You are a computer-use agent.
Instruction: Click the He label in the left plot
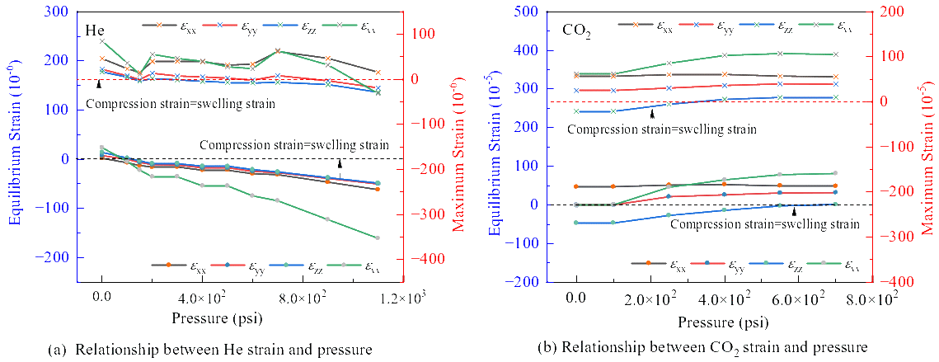click(x=93, y=30)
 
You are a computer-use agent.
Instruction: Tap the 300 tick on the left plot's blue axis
click(x=58, y=12)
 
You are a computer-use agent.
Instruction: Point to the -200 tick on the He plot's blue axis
click(x=54, y=257)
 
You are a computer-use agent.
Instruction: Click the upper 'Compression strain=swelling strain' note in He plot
click(x=181, y=105)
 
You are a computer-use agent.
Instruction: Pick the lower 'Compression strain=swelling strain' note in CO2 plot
click(x=765, y=223)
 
